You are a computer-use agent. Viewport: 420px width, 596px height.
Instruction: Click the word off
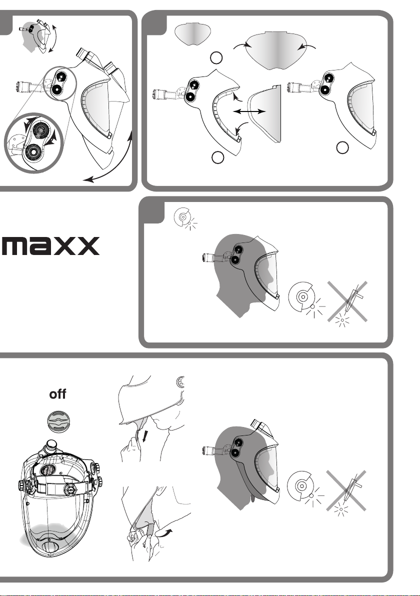tap(57, 394)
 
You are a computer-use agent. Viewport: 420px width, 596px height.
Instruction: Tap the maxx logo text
tap(51, 246)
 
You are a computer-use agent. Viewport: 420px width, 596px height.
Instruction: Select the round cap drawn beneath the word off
tap(59, 422)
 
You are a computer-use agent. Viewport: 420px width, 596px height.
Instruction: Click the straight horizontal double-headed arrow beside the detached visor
tap(249, 111)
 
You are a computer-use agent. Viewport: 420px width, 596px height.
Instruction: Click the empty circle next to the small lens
tap(216, 58)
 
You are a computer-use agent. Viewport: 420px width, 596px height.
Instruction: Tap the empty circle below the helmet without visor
tap(217, 157)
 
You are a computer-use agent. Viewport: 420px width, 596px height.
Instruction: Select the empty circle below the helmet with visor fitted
tap(342, 148)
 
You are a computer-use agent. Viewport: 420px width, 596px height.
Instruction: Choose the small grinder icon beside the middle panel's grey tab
tap(185, 218)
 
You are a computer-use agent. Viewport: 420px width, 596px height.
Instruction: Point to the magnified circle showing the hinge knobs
tap(33, 142)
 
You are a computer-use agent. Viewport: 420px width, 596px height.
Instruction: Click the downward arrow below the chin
tap(145, 436)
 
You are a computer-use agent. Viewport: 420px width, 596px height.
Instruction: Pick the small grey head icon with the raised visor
tap(39, 36)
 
